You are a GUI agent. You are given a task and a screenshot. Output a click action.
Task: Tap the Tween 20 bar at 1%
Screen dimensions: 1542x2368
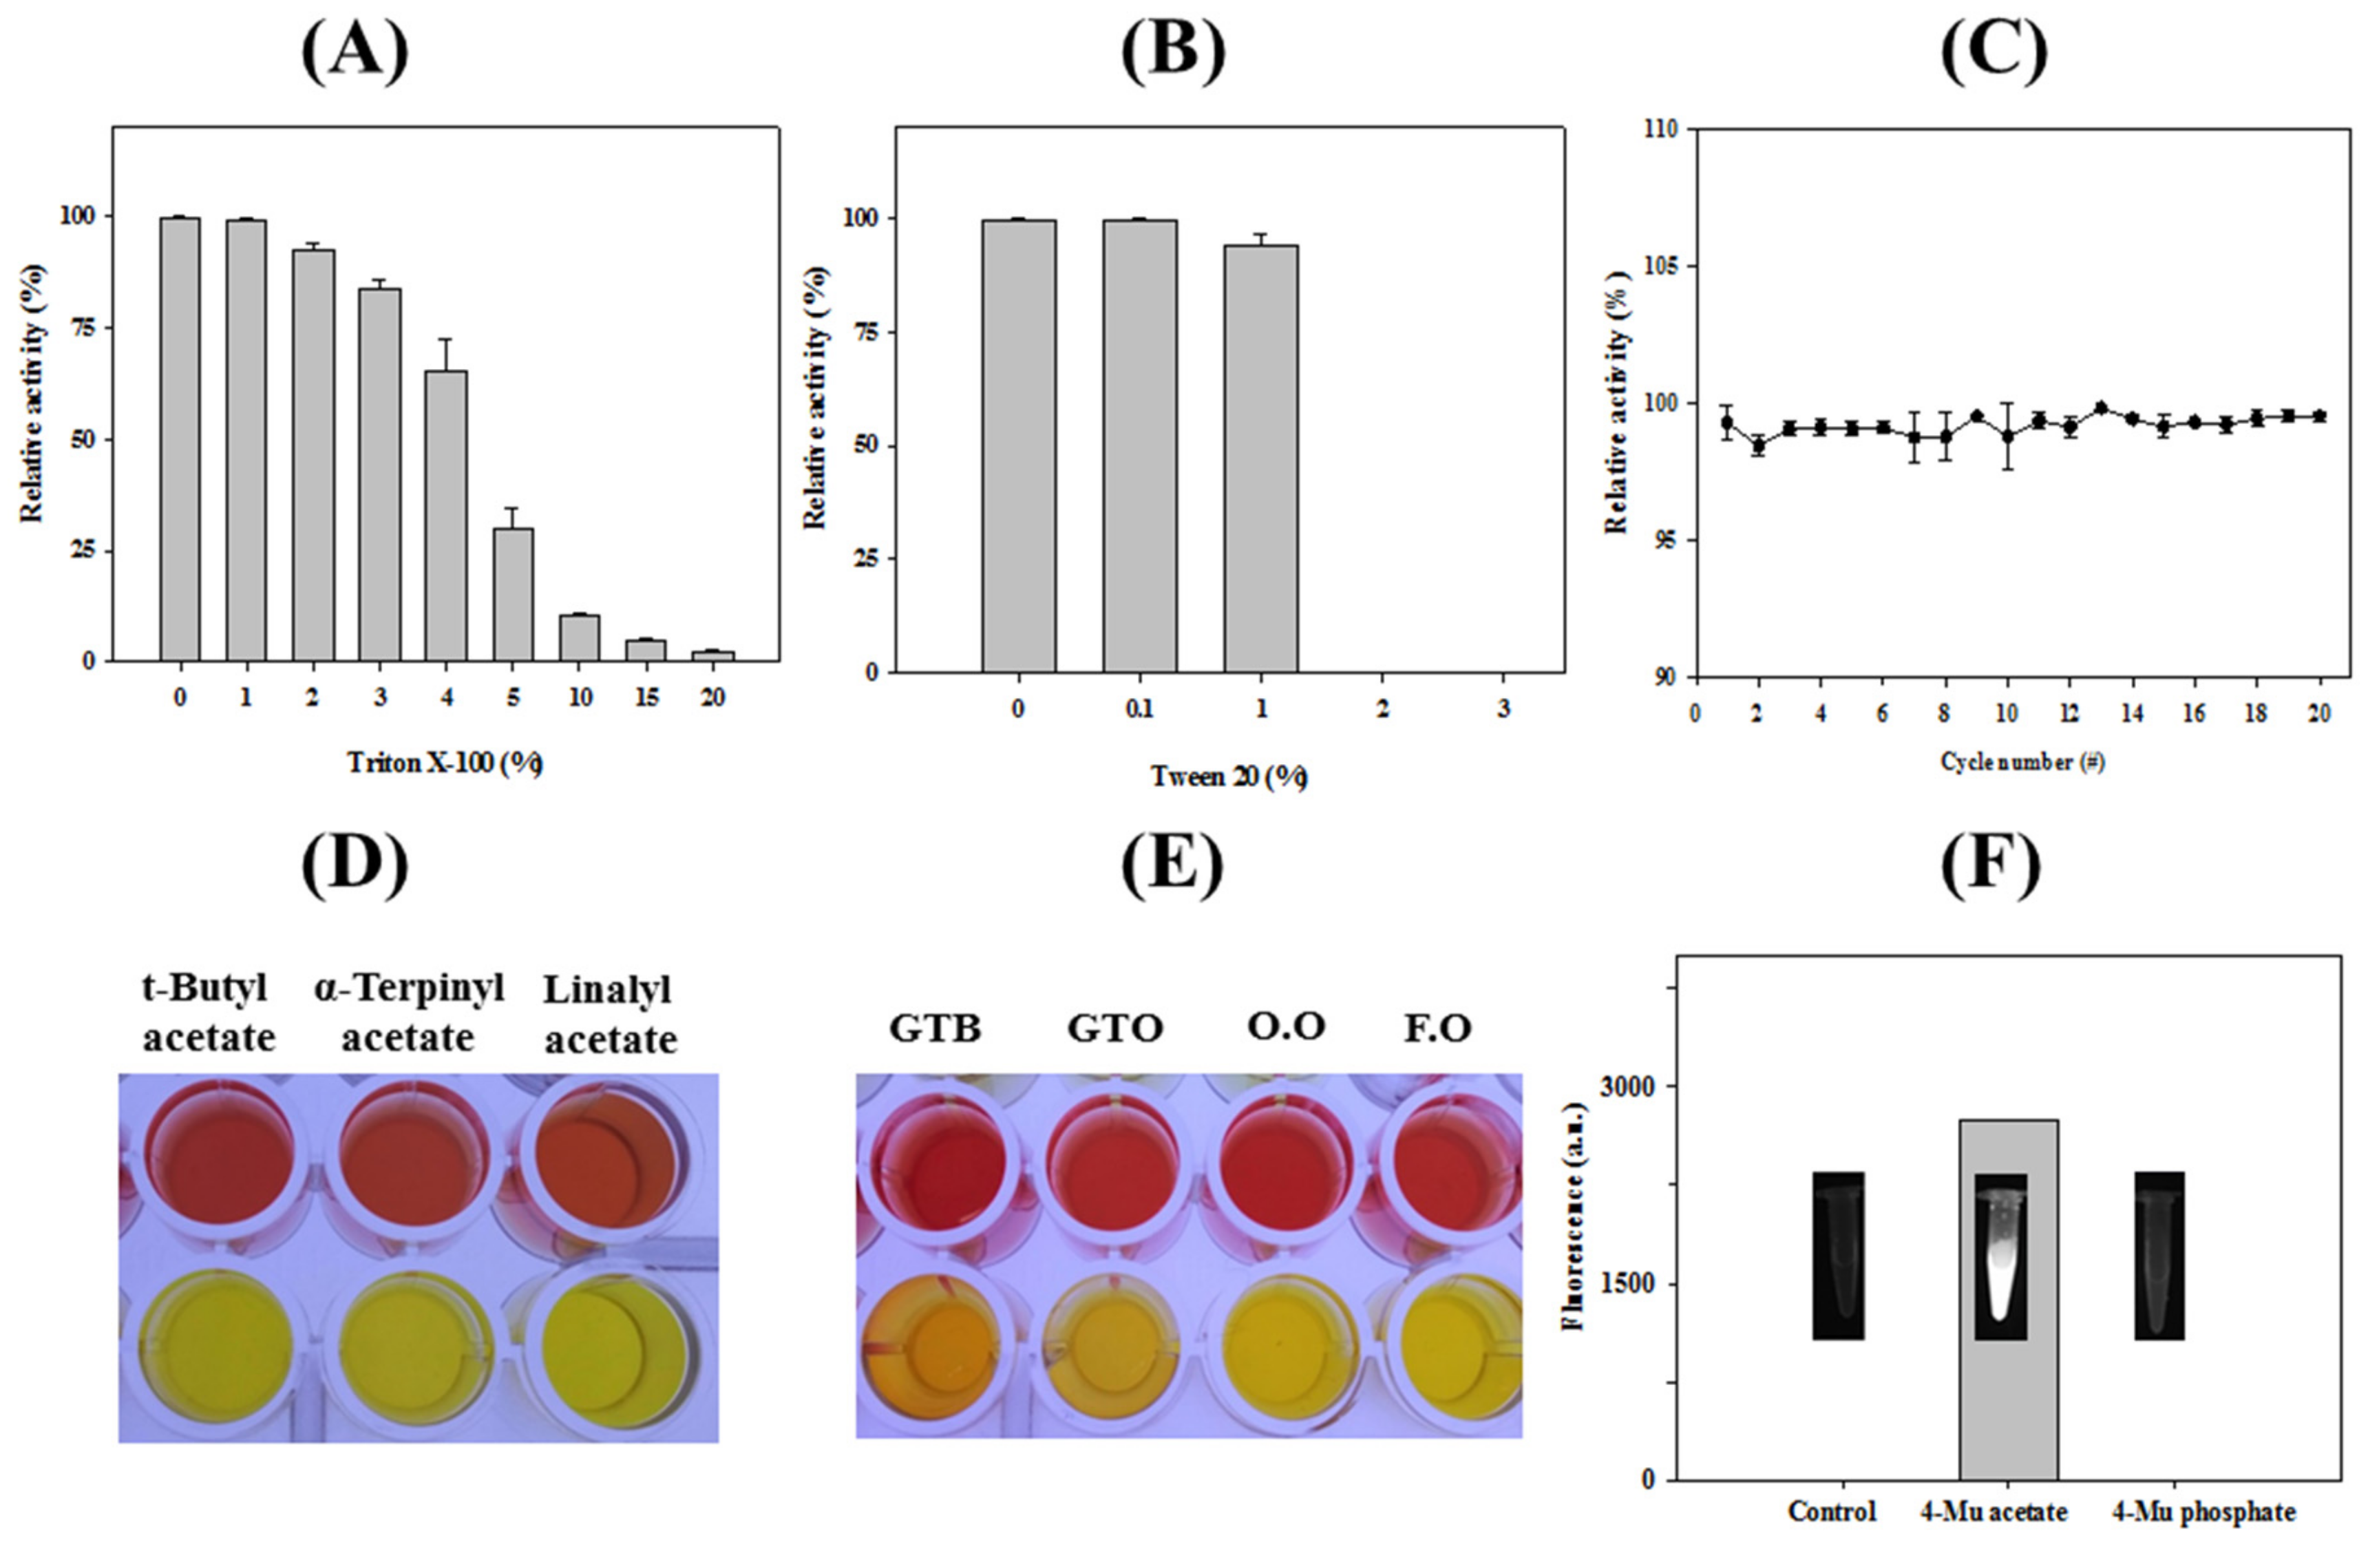point(1260,458)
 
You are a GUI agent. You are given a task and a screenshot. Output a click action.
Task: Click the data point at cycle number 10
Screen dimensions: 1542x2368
point(2008,436)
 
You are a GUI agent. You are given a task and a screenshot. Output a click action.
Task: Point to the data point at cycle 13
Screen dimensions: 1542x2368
point(2102,408)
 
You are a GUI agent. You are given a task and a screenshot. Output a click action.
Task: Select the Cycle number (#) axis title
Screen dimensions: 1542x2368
point(2022,762)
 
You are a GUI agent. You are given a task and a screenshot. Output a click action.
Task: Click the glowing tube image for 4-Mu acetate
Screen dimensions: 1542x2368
point(2000,1256)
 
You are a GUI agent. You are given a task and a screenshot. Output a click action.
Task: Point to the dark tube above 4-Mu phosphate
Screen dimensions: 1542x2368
point(2159,1256)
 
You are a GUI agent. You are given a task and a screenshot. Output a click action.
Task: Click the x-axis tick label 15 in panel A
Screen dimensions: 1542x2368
point(646,699)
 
